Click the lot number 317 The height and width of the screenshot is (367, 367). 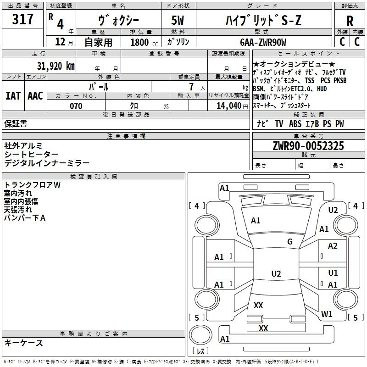22,19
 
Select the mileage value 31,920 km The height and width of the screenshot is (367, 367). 56,66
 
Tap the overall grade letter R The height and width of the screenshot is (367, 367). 350,21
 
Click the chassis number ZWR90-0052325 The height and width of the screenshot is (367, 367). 308,146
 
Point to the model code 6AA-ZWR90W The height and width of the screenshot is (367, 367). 263,42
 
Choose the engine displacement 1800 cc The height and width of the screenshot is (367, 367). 144,42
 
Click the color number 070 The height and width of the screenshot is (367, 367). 76,106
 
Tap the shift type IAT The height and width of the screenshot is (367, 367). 13,96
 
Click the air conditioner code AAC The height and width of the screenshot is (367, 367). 35,96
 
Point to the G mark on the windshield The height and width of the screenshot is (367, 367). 290,242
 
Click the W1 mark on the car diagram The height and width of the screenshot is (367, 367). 327,314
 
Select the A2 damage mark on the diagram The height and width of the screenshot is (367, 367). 333,246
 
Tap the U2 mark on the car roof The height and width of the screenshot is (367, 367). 276,273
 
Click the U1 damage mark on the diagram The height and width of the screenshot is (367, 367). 333,272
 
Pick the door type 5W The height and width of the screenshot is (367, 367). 178,20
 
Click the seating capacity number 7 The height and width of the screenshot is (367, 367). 191,87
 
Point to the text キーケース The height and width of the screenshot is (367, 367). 23,343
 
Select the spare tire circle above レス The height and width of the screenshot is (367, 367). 200,335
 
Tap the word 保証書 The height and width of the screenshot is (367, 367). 16,123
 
